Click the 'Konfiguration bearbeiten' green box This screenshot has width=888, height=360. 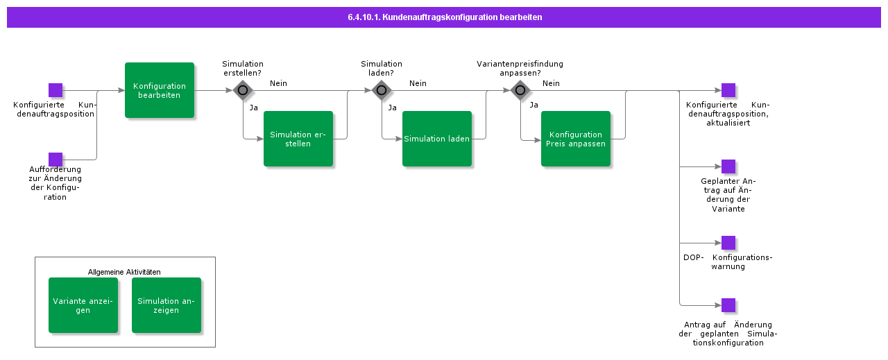coord(160,90)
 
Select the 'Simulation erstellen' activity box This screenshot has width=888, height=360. coord(298,139)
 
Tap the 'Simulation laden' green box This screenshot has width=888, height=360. coord(437,139)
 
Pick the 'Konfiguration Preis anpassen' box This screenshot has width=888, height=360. coord(576,139)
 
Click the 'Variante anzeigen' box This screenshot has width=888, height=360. coord(83,305)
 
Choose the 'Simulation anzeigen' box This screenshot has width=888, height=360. coord(166,305)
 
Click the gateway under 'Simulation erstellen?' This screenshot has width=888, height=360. coord(243,90)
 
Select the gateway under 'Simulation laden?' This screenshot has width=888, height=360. coord(382,90)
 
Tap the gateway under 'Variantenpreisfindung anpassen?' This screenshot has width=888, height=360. coord(520,90)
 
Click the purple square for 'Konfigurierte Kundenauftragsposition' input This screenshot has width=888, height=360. coord(55,90)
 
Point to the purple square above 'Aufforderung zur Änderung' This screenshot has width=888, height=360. coord(55,160)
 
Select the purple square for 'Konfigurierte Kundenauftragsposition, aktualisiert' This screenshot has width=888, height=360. coord(728,90)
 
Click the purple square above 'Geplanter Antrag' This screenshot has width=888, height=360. coord(728,166)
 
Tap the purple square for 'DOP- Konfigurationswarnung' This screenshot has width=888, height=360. coord(728,243)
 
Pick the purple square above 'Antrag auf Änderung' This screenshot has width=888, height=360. coord(728,305)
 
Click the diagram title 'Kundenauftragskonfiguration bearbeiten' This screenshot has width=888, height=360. coord(444,17)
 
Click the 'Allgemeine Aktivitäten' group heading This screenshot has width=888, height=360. coord(124,272)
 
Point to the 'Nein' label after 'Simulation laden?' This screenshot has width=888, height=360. coord(418,83)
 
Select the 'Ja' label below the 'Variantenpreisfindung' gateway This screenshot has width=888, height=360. coord(533,105)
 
